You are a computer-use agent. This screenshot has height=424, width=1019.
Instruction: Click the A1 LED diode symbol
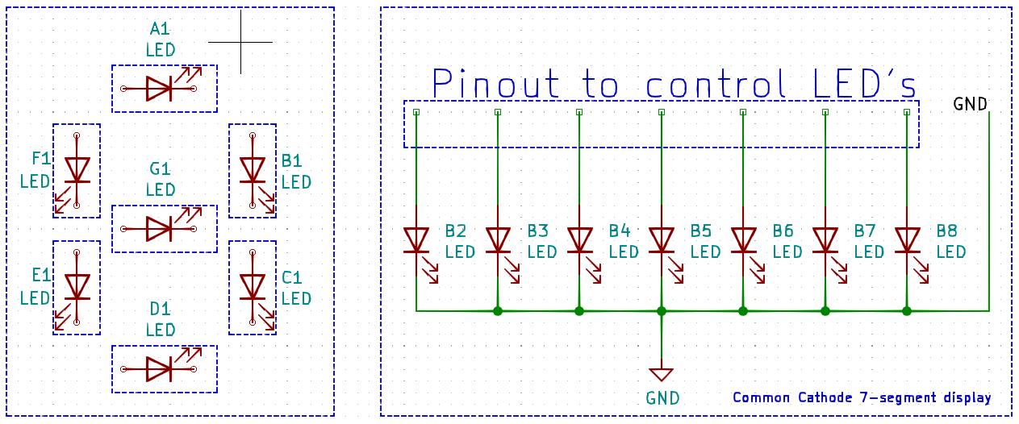click(159, 89)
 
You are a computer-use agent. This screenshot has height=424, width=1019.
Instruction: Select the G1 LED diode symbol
click(159, 229)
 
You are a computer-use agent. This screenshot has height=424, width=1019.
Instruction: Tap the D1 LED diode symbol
click(159, 369)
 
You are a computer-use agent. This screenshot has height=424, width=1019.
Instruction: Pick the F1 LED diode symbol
click(77, 170)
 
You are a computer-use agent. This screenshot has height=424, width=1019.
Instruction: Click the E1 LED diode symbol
click(77, 286)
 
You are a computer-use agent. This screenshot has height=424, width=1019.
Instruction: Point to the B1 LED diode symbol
click(253, 170)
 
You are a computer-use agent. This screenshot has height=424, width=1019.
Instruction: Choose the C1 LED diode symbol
click(253, 286)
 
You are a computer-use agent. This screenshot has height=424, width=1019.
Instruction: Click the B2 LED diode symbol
click(416, 240)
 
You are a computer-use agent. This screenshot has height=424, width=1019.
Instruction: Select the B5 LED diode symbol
click(662, 240)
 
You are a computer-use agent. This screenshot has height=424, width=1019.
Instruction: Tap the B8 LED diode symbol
click(907, 240)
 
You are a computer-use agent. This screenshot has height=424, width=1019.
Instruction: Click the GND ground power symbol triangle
click(661, 373)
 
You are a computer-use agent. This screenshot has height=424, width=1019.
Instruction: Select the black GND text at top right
click(970, 104)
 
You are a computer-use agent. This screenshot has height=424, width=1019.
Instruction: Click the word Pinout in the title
click(495, 83)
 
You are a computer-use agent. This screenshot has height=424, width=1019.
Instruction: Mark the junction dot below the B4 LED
click(578, 310)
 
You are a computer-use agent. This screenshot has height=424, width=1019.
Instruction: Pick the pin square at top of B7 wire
click(825, 112)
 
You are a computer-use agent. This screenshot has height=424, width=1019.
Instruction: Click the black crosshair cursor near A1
click(240, 42)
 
